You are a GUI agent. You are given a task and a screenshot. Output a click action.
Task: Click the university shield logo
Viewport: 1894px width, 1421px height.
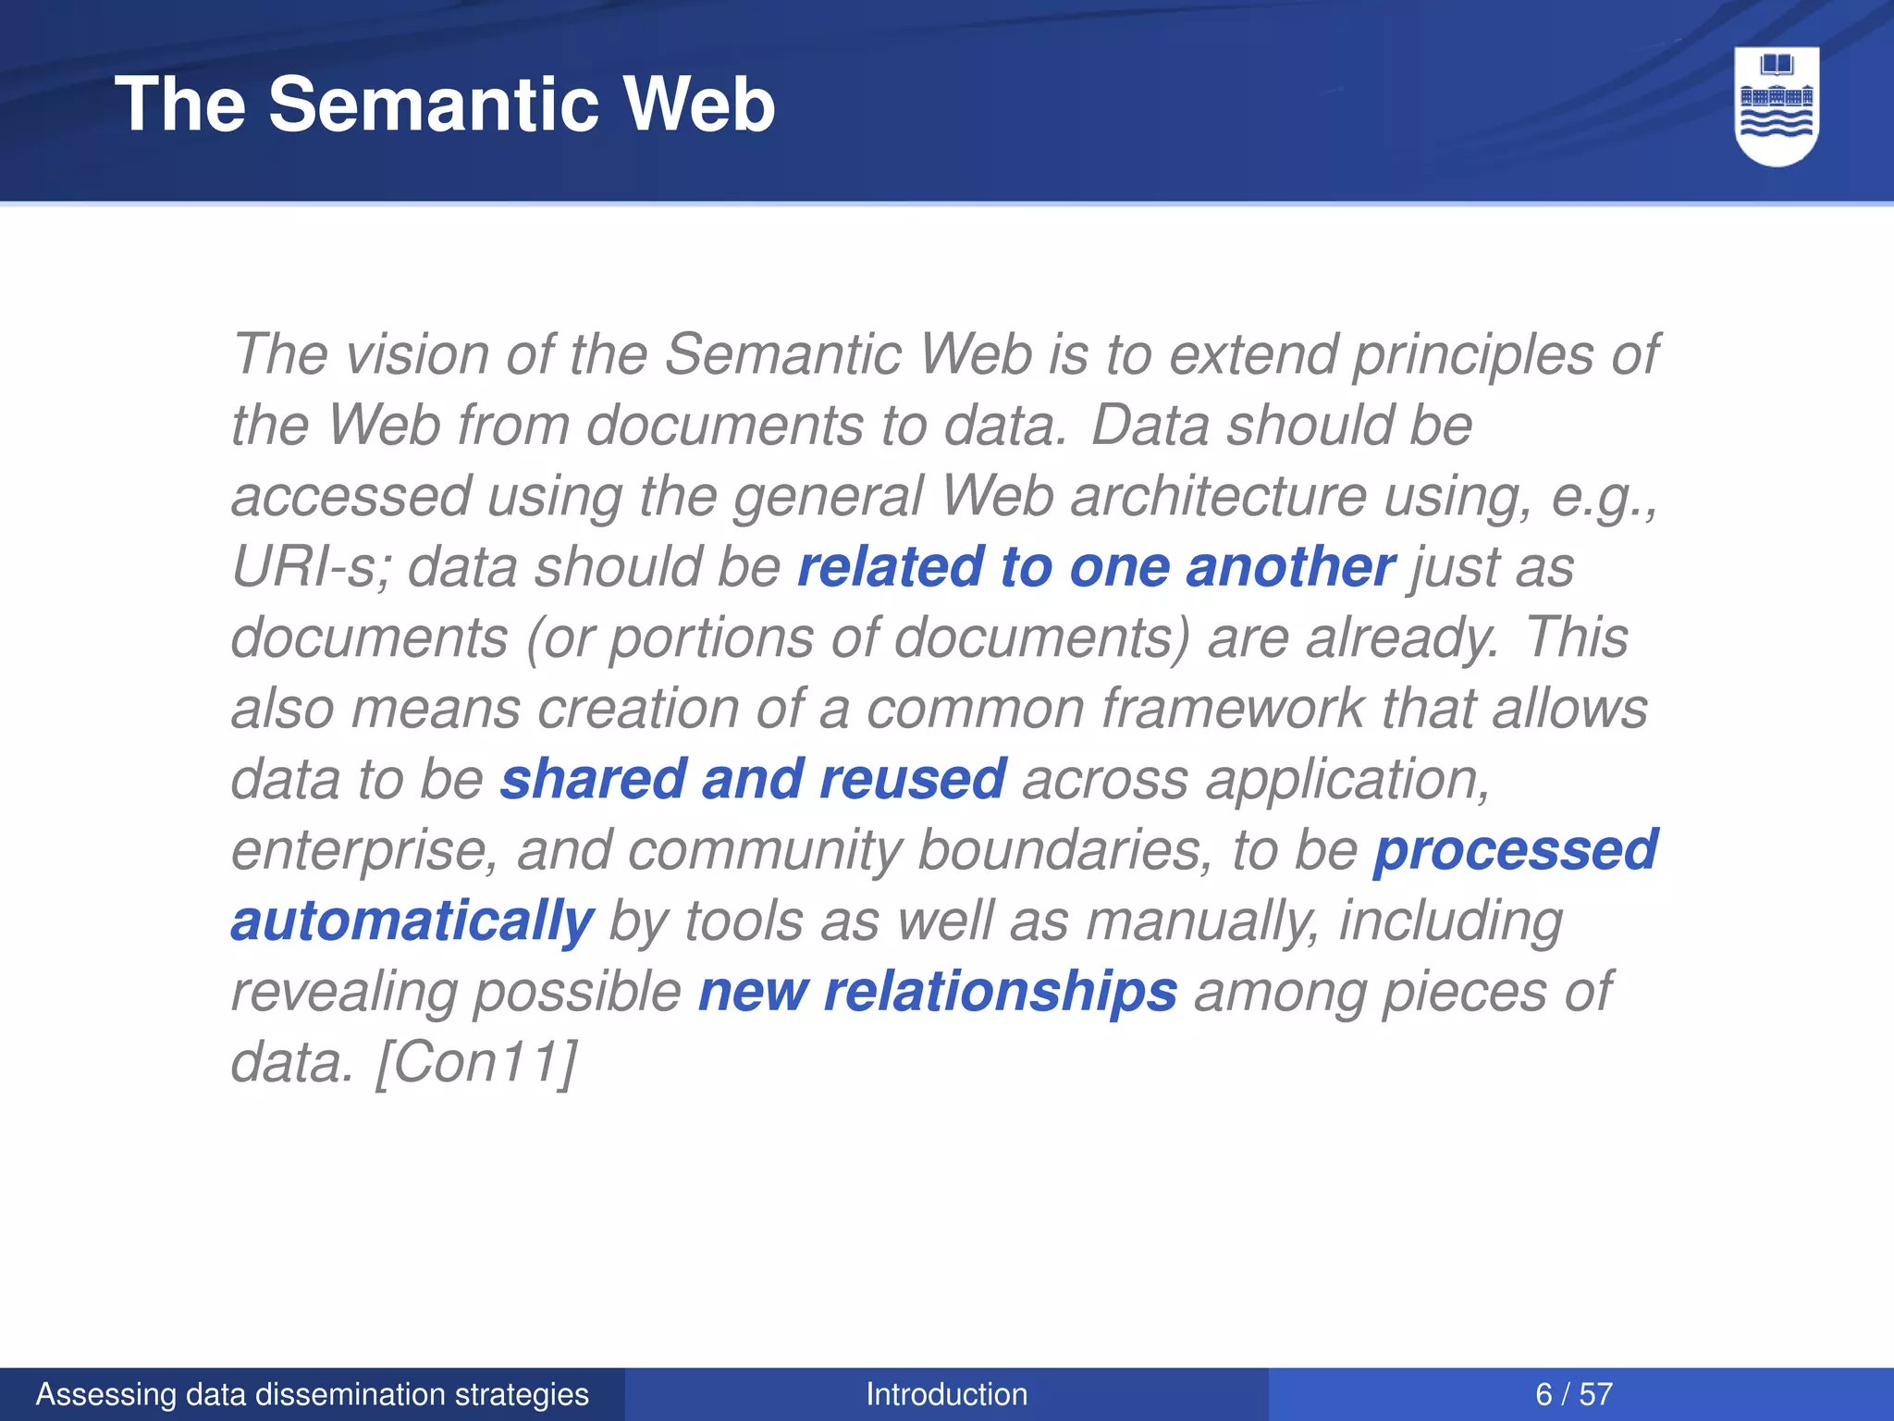click(1777, 106)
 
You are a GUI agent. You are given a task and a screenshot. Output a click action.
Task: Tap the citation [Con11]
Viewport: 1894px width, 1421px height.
click(476, 1062)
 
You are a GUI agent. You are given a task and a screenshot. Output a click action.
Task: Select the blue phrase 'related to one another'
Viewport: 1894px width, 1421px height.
click(1096, 566)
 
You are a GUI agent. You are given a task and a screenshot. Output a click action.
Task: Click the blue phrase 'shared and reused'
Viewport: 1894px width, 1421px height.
click(753, 778)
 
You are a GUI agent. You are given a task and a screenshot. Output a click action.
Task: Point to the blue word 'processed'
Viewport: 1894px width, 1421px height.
click(1515, 849)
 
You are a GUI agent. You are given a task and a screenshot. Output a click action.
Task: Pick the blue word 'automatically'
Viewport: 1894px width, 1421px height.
click(412, 921)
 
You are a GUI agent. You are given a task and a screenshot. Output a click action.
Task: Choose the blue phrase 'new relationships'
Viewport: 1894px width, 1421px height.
click(938, 992)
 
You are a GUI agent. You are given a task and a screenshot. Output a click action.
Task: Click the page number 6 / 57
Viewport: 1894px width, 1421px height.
click(1574, 1394)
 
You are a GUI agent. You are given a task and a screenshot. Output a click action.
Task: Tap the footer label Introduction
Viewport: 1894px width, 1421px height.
click(946, 1394)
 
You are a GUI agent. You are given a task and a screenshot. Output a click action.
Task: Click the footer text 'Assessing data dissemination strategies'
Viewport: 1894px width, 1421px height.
click(312, 1394)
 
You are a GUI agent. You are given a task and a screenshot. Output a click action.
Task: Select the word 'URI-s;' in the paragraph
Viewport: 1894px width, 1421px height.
click(312, 566)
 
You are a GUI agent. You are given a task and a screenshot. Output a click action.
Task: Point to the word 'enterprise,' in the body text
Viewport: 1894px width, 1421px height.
click(364, 851)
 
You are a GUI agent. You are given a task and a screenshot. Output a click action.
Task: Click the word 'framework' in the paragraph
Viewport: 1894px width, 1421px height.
click(1232, 709)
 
